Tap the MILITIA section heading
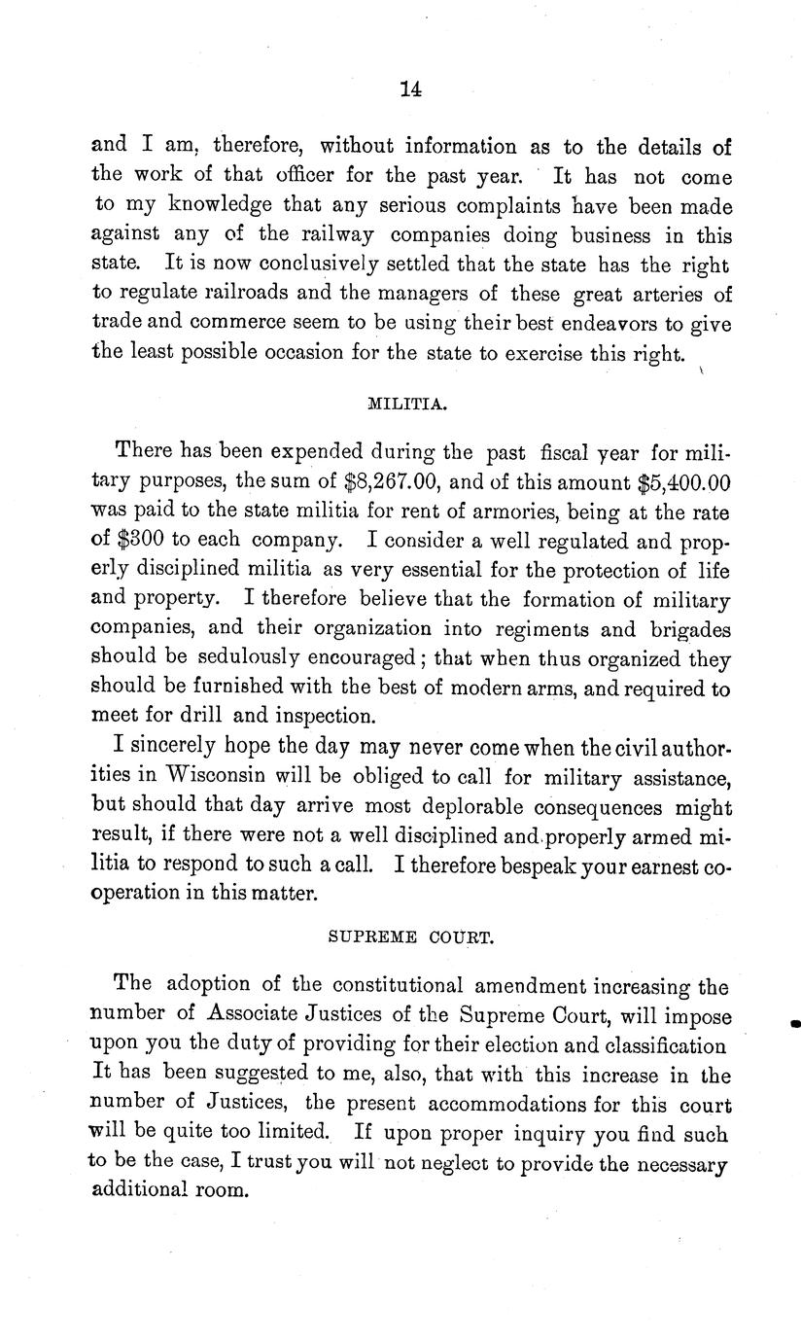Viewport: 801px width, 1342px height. (408, 405)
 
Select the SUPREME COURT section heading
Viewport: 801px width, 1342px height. (412, 938)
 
